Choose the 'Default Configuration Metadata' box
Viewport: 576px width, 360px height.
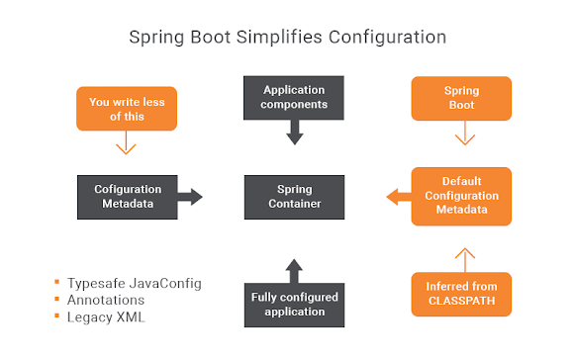click(460, 196)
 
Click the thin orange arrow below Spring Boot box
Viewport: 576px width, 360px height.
click(460, 145)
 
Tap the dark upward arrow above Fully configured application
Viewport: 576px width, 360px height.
click(293, 267)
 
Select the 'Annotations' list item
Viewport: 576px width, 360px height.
click(106, 299)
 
